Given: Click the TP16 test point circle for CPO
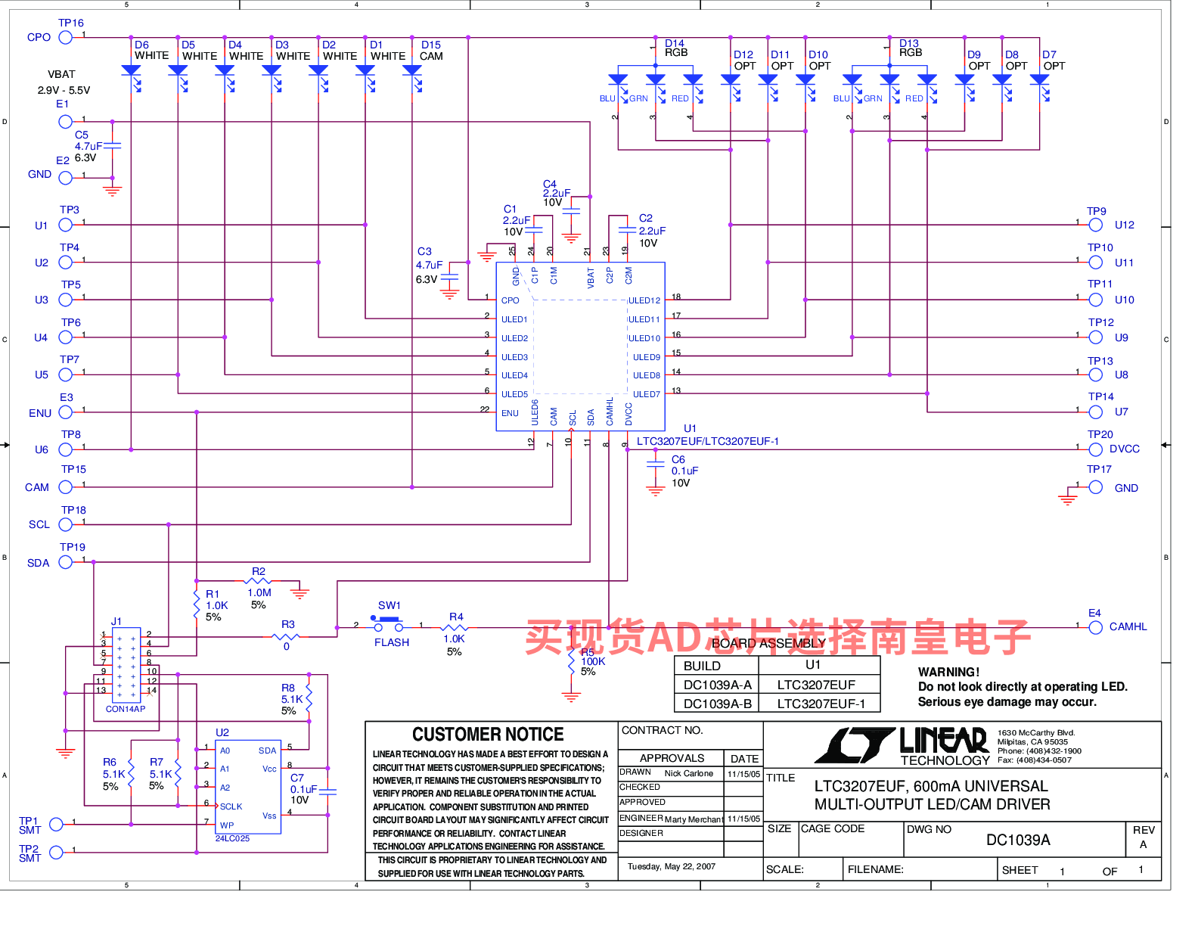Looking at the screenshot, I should click(66, 37).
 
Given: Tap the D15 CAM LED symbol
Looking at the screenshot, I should click(412, 71).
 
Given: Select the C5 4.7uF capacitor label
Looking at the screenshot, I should click(88, 141).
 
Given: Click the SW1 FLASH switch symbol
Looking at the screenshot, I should click(388, 624).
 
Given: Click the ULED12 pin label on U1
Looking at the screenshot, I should click(644, 300).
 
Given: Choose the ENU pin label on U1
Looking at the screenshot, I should click(510, 413).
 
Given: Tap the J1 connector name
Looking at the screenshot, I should click(116, 621).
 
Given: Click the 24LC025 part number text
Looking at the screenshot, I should click(232, 838).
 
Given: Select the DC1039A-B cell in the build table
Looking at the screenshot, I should click(717, 704).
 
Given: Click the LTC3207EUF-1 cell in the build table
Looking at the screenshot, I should click(819, 704).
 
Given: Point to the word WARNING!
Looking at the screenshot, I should click(948, 672).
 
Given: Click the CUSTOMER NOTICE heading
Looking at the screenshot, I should click(488, 735).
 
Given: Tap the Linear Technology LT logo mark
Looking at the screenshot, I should click(855, 746).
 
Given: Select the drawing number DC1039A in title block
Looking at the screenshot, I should click(1018, 840).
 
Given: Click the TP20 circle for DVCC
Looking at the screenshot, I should click(1096, 449).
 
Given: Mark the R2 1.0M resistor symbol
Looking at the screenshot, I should click(259, 582).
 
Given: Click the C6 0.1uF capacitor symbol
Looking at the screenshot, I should click(656, 464).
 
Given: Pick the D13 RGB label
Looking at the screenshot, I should click(910, 48).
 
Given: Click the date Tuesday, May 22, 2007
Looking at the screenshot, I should click(671, 866).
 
